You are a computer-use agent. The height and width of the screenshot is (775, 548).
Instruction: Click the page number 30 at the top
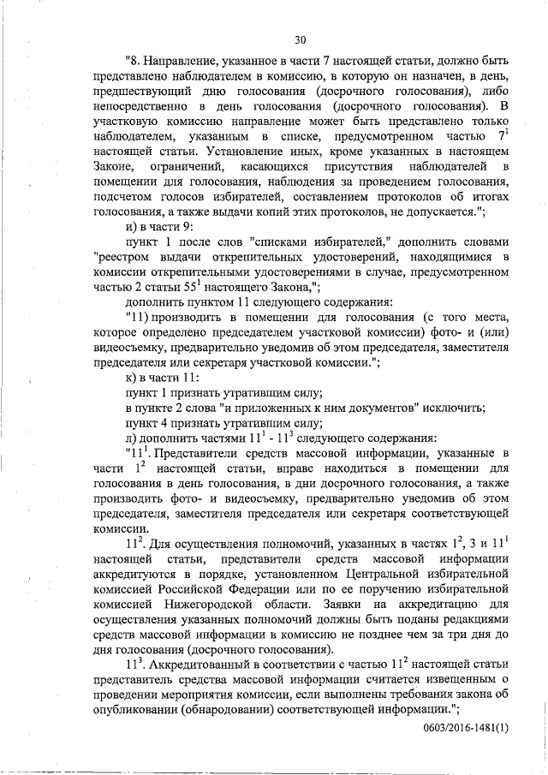300,39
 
